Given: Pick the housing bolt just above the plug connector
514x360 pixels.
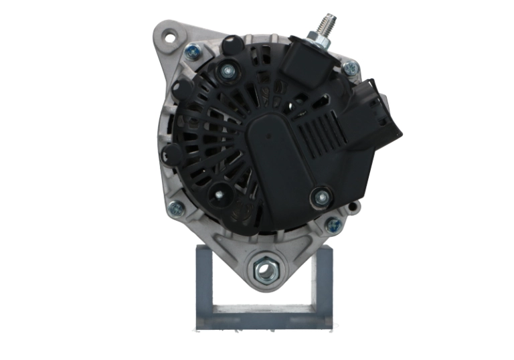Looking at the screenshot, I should pos(351,68).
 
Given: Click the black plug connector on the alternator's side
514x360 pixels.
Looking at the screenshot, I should pos(375,114).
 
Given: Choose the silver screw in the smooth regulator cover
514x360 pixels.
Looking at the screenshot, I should pos(323,197).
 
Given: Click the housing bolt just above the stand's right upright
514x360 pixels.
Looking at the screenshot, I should pos(333,225).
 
